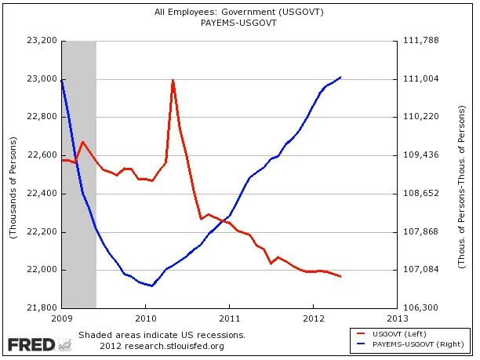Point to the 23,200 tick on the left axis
coord(42,41)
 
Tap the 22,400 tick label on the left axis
coord(42,194)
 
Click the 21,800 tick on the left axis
coord(42,308)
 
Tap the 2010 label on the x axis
coord(146,319)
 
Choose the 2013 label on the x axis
coord(397,319)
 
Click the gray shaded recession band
coord(79,173)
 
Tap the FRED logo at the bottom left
coord(31,344)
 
